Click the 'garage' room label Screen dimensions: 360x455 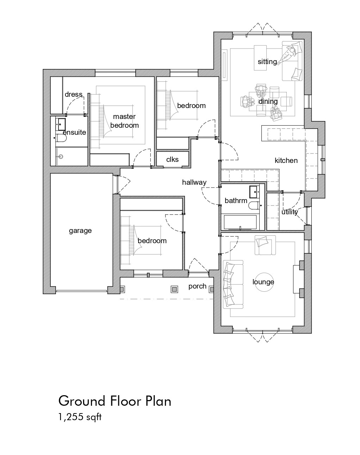pyautogui.click(x=80, y=231)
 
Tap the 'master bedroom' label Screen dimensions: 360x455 pyautogui.click(x=124, y=121)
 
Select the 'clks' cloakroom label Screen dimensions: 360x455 pyautogui.click(x=172, y=159)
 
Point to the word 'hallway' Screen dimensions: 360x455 pyautogui.click(x=194, y=182)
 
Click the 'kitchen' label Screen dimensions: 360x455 pyautogui.click(x=286, y=160)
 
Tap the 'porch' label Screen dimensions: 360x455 pyautogui.click(x=198, y=286)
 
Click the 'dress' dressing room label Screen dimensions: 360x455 pyautogui.click(x=74, y=94)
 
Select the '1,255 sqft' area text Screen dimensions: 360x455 pyautogui.click(x=80, y=417)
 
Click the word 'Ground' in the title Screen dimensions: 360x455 pyautogui.click(x=82, y=401)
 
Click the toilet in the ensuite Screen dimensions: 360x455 pyautogui.click(x=61, y=138)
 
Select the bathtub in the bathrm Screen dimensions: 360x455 pyautogui.click(x=240, y=222)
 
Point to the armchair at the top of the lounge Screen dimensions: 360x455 pyautogui.click(x=265, y=245)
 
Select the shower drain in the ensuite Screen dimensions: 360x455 pyautogui.click(x=61, y=157)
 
